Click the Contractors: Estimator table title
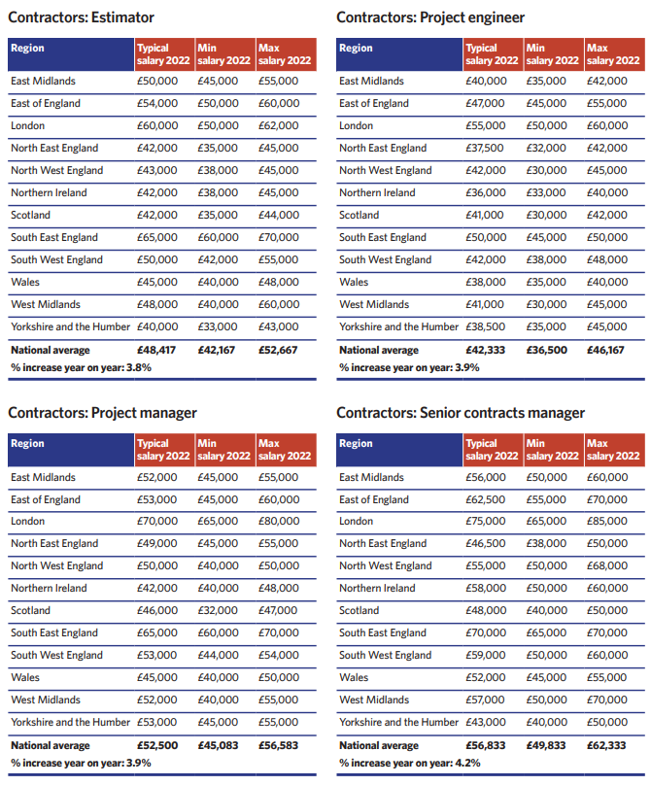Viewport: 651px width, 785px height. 81,17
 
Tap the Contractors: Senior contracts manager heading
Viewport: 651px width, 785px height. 461,413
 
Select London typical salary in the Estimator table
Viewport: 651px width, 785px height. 157,125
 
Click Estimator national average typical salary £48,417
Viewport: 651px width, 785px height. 156,350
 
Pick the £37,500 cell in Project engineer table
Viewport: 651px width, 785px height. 485,149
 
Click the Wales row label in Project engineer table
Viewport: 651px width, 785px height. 354,283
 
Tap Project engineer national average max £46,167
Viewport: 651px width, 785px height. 605,350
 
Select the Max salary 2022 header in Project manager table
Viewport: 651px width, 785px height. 285,450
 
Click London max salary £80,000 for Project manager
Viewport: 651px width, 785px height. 279,521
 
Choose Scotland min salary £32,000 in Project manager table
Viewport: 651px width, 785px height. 218,611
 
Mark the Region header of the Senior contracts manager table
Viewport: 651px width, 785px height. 356,444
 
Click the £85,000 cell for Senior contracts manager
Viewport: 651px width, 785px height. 607,521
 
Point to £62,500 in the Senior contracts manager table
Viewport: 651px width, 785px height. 485,499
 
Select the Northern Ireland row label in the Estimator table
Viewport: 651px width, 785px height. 49,192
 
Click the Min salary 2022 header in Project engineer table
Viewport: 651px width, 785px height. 552,54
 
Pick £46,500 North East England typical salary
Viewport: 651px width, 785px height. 485,544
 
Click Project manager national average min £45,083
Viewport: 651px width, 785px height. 218,745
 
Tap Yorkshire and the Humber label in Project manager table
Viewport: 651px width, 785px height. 70,723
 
